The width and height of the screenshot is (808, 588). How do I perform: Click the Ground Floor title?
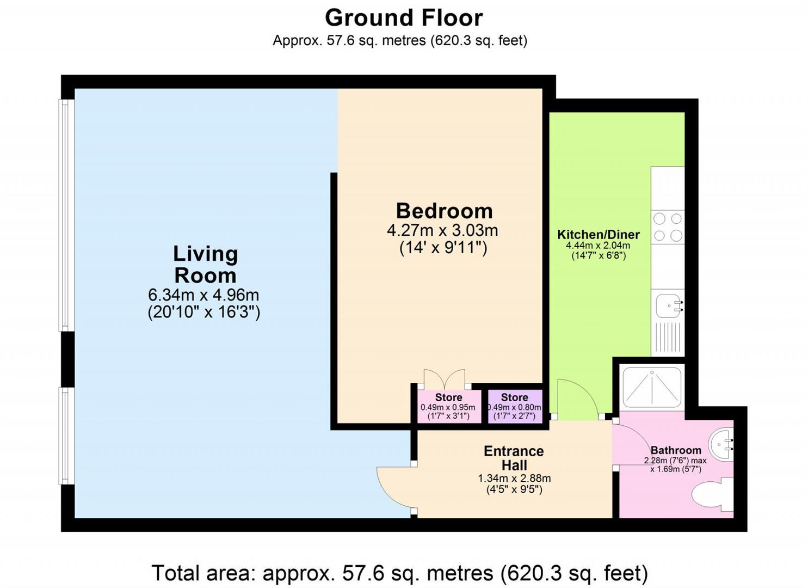point(404,18)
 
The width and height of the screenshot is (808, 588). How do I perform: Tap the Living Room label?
point(205,265)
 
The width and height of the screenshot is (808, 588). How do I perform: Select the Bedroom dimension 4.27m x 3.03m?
point(442,230)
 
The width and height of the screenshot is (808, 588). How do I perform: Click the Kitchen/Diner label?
point(598,235)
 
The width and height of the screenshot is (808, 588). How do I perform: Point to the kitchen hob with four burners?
point(668,227)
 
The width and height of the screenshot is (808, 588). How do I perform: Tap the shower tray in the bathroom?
point(651,387)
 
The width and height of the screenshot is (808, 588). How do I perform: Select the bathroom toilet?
point(713,495)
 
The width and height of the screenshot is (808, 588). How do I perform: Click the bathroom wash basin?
point(723,443)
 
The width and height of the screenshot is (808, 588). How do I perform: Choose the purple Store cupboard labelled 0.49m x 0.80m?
point(515,406)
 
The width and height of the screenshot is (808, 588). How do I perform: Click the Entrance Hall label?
point(514,458)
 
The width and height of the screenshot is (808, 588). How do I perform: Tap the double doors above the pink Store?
point(445,379)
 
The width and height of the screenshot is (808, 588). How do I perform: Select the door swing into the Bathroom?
point(630,444)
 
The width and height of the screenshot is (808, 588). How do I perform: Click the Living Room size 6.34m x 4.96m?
point(203,295)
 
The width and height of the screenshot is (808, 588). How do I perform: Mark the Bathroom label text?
point(676,450)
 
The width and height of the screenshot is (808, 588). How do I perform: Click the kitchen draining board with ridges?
point(668,338)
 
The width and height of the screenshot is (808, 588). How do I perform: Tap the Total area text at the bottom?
point(399,573)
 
